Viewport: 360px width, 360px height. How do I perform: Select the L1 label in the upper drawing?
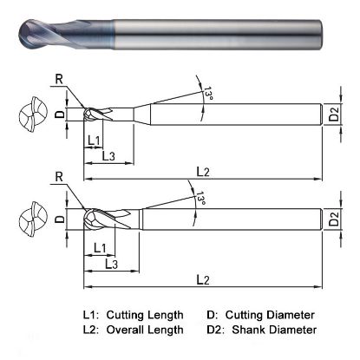[x=95, y=140]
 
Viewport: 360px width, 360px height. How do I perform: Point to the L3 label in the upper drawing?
[x=108, y=155]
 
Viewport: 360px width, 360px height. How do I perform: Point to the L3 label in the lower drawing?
[x=111, y=263]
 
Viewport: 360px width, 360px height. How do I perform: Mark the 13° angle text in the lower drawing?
[x=201, y=198]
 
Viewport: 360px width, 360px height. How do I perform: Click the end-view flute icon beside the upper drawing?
[x=29, y=113]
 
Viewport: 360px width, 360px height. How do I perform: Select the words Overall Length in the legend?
[x=145, y=330]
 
